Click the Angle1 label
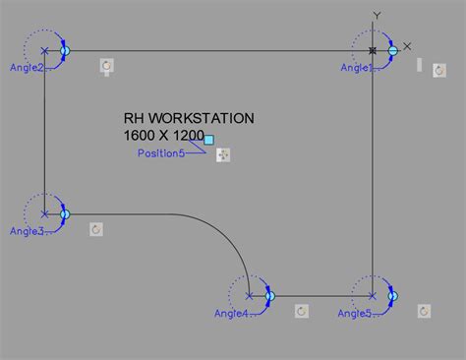pos(357,68)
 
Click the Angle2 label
pos(27,68)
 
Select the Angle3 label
pos(27,231)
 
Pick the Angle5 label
pos(355,314)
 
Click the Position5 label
pos(161,153)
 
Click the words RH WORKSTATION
pos(189,118)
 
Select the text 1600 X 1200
pos(164,135)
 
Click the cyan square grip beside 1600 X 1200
pos(208,141)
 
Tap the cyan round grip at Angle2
pos(65,50)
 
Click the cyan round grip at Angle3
pos(65,213)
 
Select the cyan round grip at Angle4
pos(268,295)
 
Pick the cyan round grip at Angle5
pos(392,295)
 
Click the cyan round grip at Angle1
pos(392,49)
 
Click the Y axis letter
pos(377,16)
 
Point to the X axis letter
pos(408,46)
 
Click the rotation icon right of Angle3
pos(96,229)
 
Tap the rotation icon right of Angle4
pos(302,311)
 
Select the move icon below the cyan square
pos(223,154)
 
